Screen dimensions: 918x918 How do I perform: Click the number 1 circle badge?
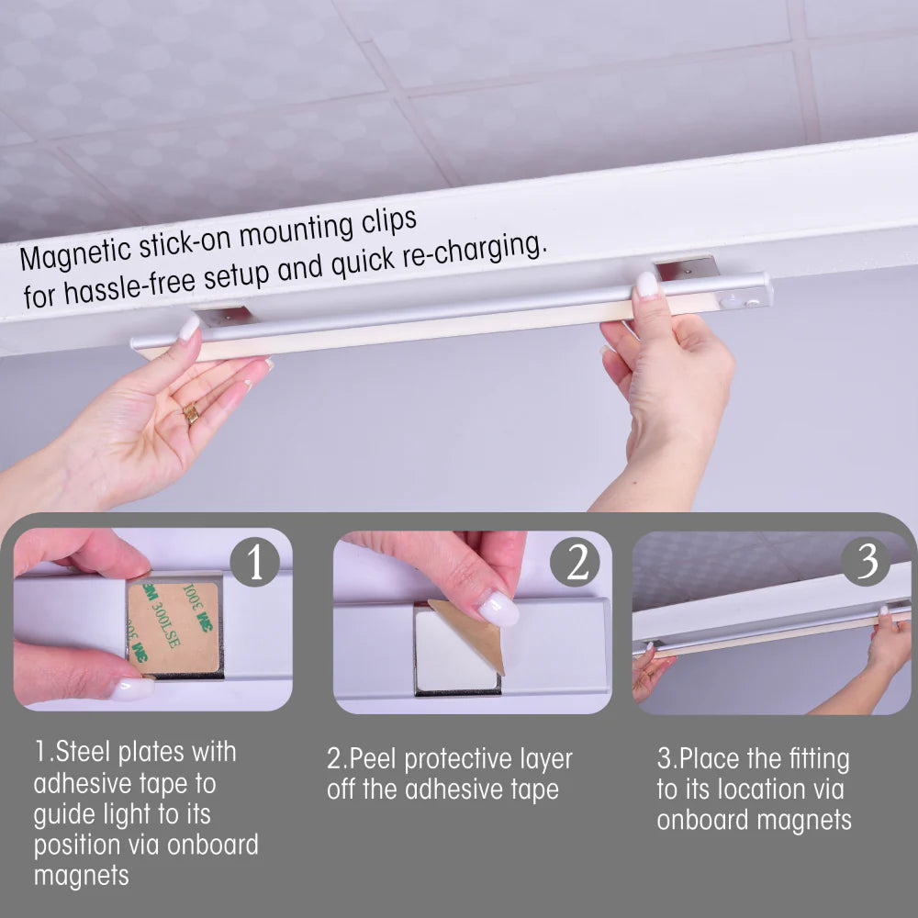(x=254, y=562)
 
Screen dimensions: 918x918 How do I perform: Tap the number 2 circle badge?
(x=576, y=562)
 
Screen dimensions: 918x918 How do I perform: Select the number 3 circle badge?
(x=866, y=561)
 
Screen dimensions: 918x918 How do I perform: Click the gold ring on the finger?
(x=191, y=414)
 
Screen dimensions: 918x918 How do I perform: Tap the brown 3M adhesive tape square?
(x=174, y=624)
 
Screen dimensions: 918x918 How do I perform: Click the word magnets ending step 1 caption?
(x=82, y=876)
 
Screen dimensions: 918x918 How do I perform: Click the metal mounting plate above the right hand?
(x=687, y=268)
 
